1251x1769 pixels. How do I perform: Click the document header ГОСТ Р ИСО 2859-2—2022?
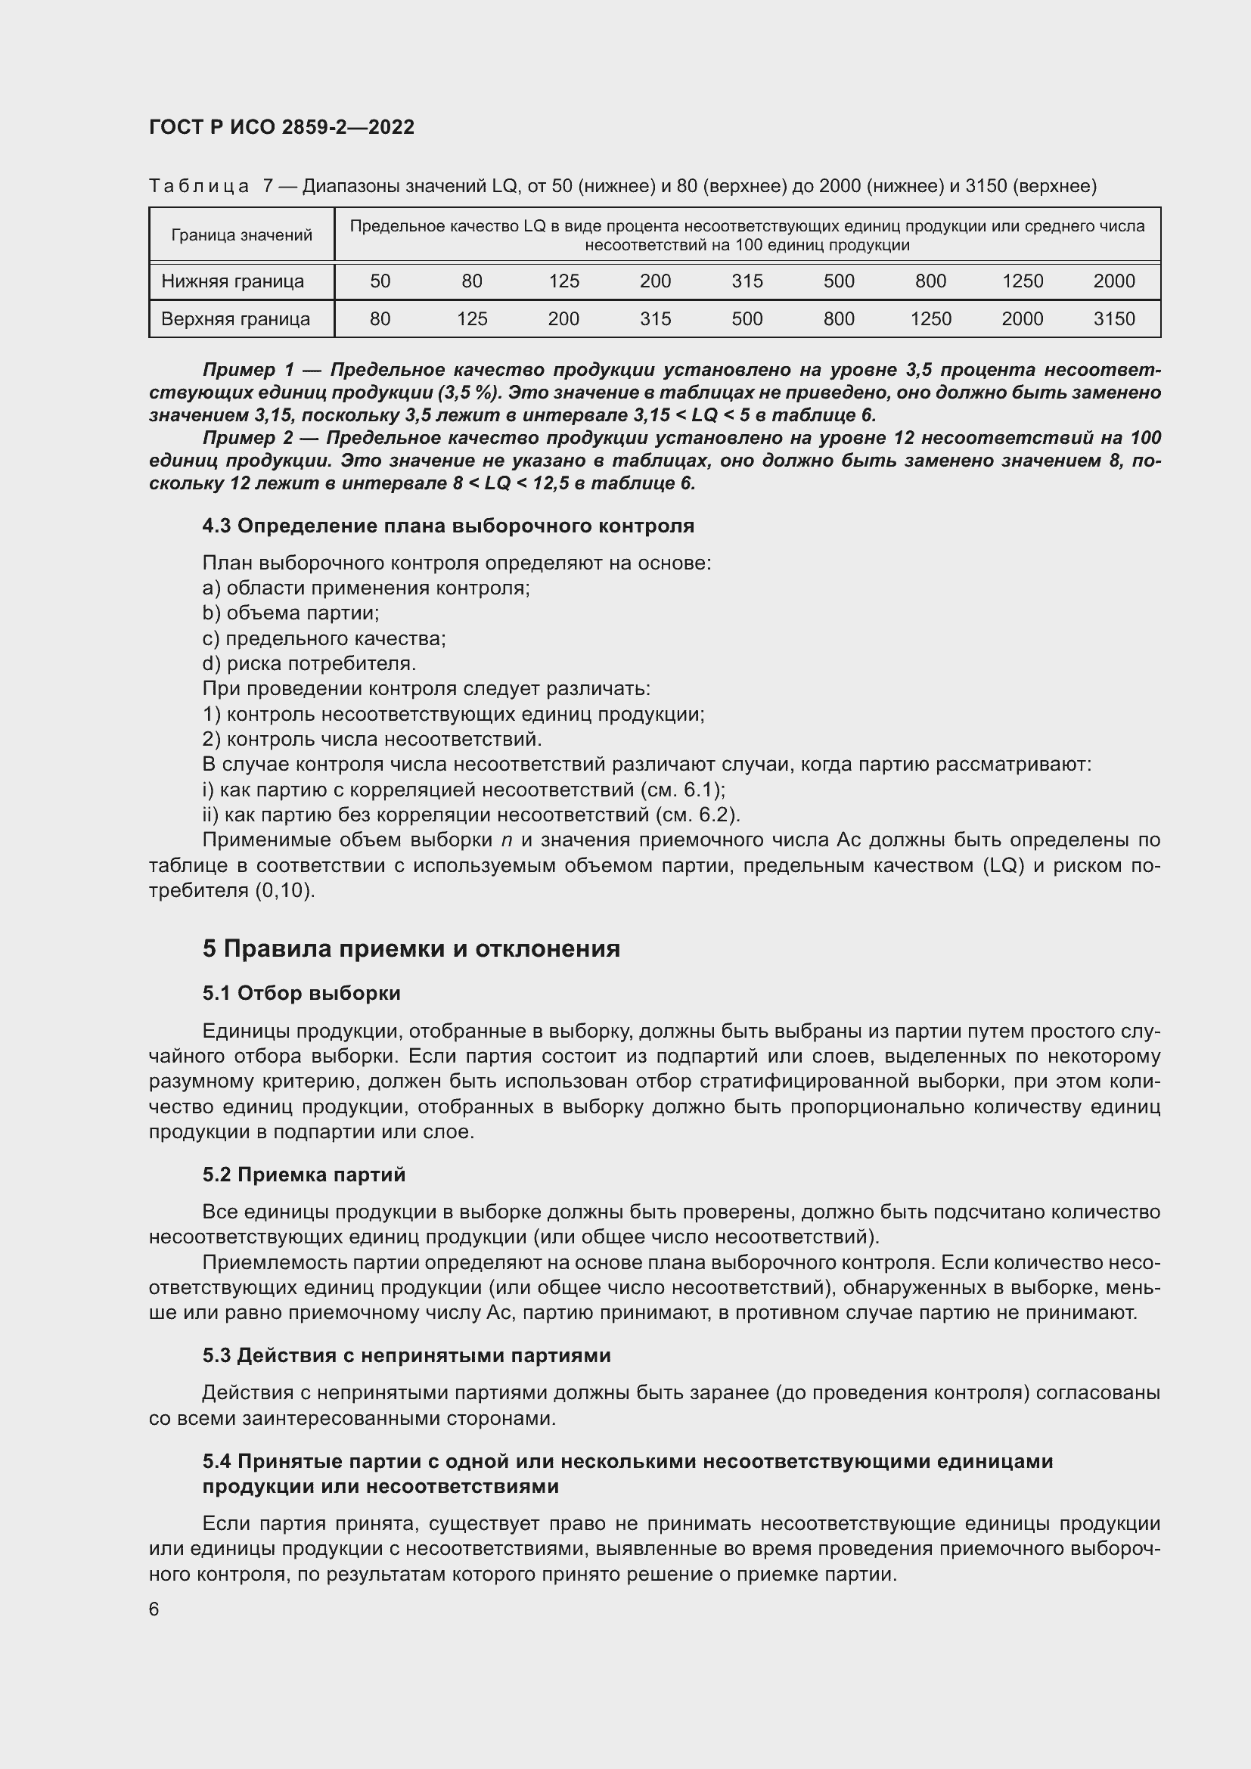(x=281, y=127)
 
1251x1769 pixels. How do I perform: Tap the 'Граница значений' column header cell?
(x=241, y=235)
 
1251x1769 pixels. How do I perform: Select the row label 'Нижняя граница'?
(x=233, y=281)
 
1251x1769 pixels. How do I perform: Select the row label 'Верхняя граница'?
(x=236, y=319)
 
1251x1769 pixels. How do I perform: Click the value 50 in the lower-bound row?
(x=380, y=281)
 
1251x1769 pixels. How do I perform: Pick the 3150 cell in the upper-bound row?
(x=1114, y=319)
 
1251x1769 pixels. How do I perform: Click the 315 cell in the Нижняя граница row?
(x=747, y=281)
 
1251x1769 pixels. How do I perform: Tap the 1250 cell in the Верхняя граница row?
(x=930, y=319)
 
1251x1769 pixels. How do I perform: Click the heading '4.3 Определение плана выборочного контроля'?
(x=449, y=526)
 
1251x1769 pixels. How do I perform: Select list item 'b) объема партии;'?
(x=290, y=613)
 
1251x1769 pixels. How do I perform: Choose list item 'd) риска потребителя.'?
(x=309, y=663)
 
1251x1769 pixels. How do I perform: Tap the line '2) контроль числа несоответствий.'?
(x=372, y=739)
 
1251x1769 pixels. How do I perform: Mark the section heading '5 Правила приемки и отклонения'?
(x=411, y=948)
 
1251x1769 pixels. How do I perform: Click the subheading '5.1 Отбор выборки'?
(x=301, y=993)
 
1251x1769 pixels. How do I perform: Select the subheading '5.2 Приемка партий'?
(x=303, y=1175)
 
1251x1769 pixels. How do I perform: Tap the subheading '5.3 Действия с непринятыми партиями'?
(x=407, y=1355)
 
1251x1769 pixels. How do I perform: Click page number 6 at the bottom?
(x=154, y=1609)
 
